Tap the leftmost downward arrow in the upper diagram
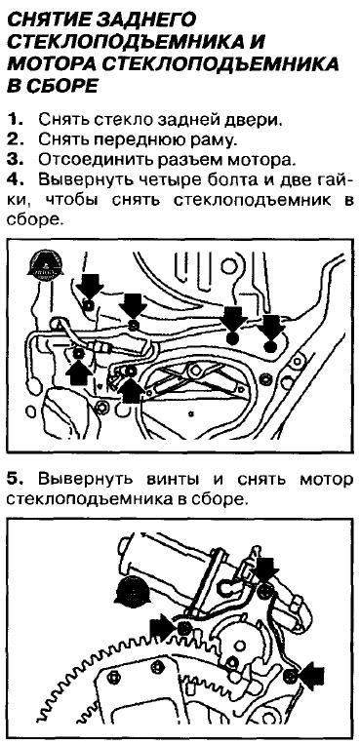(x=90, y=287)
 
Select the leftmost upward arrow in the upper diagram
(x=79, y=373)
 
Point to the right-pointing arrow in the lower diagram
(x=163, y=627)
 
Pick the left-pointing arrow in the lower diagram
(x=311, y=676)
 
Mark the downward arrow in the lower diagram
(x=265, y=570)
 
